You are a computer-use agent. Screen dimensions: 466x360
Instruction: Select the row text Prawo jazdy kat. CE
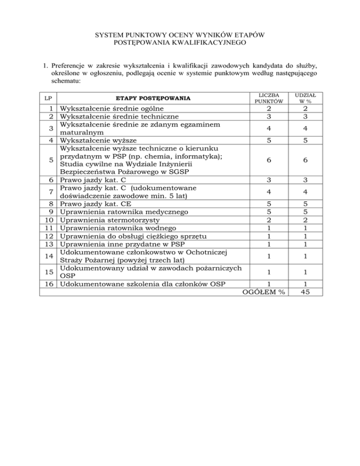(x=96, y=204)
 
